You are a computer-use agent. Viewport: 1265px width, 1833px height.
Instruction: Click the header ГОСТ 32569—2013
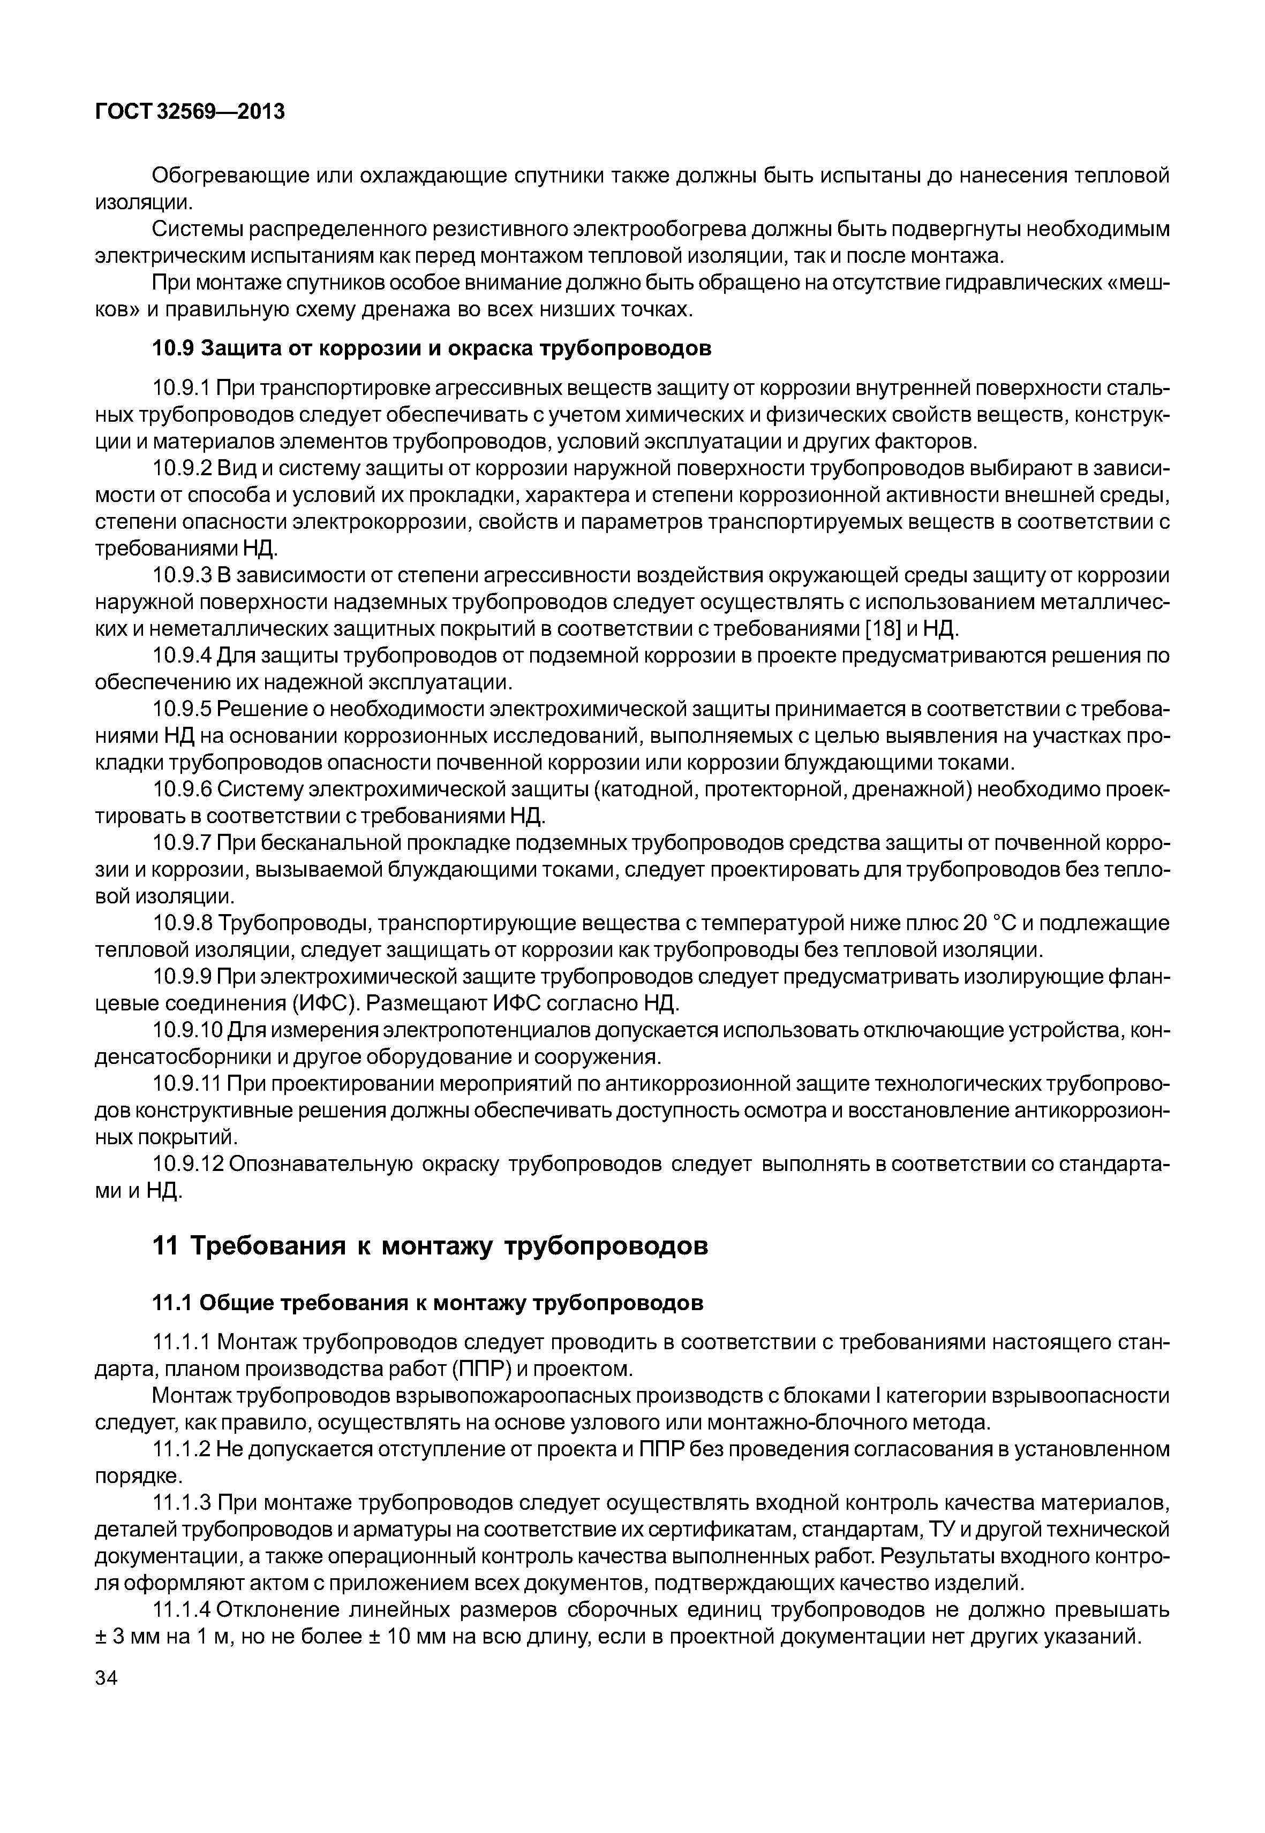click(x=190, y=112)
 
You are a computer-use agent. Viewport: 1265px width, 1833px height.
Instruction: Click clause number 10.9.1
click(x=180, y=389)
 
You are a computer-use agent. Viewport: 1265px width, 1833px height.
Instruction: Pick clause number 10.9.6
click(x=180, y=790)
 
